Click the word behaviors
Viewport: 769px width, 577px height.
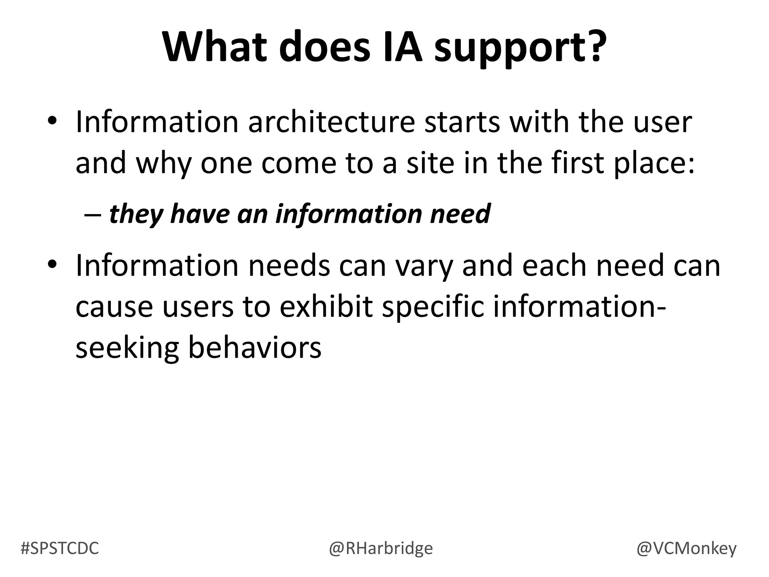tap(254, 348)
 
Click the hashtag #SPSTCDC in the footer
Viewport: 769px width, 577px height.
tap(60, 548)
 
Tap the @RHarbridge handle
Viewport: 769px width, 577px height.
tap(381, 548)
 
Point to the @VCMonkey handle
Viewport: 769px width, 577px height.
tap(687, 548)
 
